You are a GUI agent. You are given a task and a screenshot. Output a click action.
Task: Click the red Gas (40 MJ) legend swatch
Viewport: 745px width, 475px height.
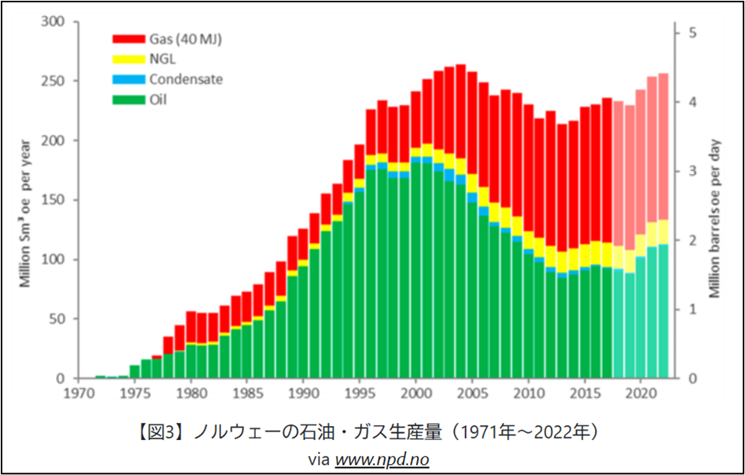coord(128,39)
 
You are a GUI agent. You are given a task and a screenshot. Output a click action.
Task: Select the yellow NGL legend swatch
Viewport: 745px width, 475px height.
coord(128,58)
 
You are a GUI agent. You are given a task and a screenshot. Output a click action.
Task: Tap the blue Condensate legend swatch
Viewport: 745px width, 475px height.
coord(128,79)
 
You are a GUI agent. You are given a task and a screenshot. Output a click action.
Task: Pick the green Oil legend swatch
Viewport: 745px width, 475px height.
coord(128,99)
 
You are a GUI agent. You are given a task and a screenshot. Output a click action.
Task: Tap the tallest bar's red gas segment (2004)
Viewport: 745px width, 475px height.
coord(460,109)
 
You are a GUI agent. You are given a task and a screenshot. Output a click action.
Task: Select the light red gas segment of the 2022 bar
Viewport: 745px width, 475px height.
coord(663,148)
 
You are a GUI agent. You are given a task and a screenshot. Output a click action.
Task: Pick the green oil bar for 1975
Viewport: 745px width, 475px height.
coord(135,372)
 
